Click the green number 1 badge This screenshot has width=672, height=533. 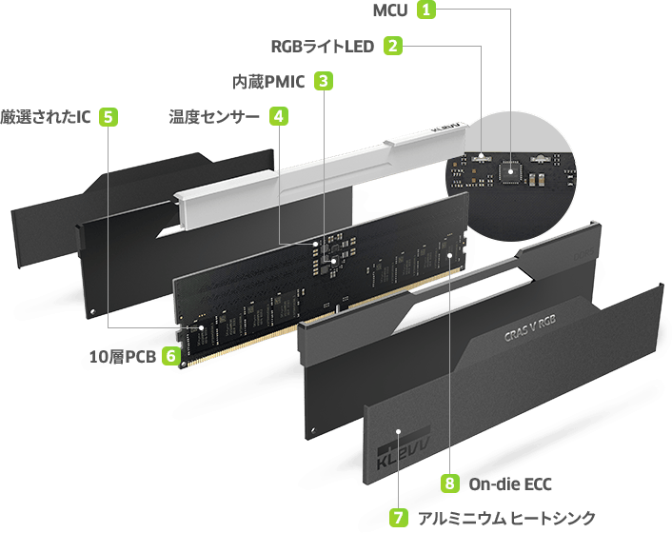pyautogui.click(x=427, y=11)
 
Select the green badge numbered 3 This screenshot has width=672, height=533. pyautogui.click(x=324, y=81)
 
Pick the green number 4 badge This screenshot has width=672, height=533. pyautogui.click(x=278, y=116)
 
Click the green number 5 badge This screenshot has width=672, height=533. pyautogui.click(x=109, y=116)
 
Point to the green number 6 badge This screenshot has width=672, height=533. pyautogui.click(x=170, y=356)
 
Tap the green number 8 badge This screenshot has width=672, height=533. pyautogui.click(x=448, y=484)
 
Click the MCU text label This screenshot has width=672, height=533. pyautogui.click(x=390, y=11)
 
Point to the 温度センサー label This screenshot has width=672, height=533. pyautogui.click(x=213, y=117)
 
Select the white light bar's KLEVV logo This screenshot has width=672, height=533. pyautogui.click(x=448, y=127)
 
